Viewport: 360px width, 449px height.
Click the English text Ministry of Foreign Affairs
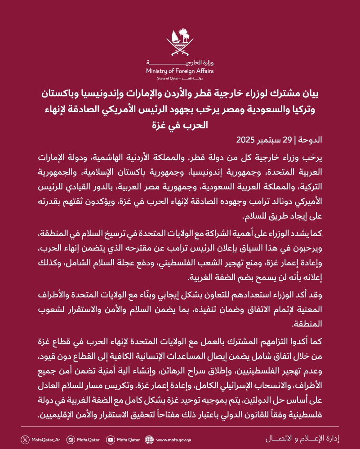click(180, 71)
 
